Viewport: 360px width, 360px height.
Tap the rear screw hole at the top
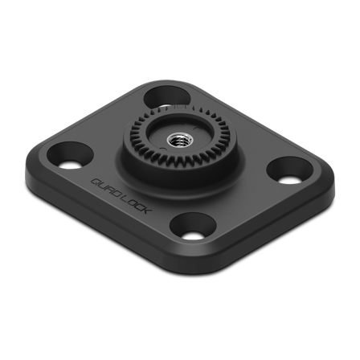pyautogui.click(x=166, y=93)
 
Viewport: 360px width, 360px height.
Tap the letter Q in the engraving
pyautogui.click(x=94, y=180)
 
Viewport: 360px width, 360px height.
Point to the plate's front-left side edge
pyautogui.click(x=104, y=212)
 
